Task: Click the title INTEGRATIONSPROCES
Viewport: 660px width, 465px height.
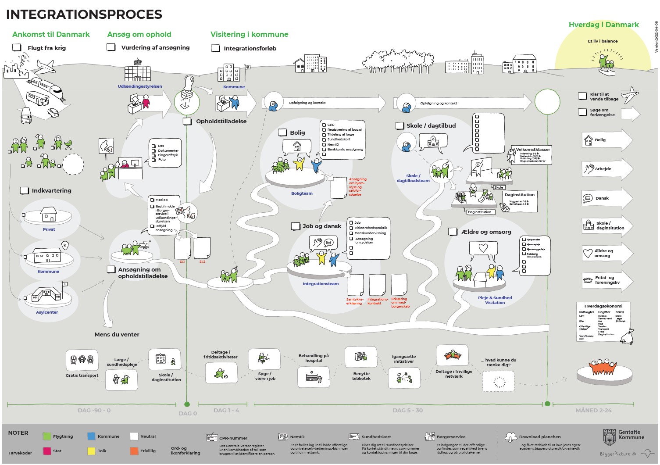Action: [84, 14]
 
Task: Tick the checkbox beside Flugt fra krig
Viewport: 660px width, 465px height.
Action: [17, 47]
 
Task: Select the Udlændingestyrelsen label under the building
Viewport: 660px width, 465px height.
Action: [140, 86]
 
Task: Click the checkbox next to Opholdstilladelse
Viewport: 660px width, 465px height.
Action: [187, 122]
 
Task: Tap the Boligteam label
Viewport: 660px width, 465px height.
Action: [302, 193]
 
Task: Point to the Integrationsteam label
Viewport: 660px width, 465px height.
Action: [321, 284]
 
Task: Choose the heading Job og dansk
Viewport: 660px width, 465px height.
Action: [322, 226]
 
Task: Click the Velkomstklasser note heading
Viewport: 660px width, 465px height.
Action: [533, 150]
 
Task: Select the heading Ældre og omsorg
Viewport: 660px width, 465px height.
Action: [486, 232]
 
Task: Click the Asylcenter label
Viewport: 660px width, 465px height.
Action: [47, 312]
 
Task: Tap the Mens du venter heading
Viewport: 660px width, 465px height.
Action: [117, 334]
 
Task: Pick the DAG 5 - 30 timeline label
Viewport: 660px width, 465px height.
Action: [408, 411]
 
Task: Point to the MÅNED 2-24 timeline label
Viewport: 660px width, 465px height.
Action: [593, 411]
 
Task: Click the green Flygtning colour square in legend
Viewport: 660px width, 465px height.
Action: [47, 436]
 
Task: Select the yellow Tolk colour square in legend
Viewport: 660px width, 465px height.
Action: [91, 451]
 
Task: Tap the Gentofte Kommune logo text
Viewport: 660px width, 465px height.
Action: [631, 435]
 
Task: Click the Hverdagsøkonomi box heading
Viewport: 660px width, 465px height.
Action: [603, 306]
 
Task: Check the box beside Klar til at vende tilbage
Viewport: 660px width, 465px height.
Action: [582, 96]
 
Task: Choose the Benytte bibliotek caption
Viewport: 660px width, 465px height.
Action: [361, 376]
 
